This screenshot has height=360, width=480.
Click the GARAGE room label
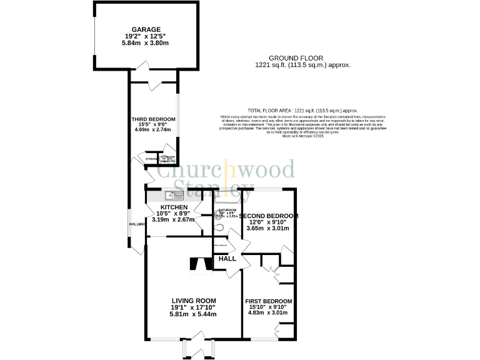pos(146,29)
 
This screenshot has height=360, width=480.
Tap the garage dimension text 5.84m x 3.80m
pos(146,44)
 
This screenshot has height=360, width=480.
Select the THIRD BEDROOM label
pos(152,119)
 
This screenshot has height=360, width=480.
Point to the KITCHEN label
pos(174,207)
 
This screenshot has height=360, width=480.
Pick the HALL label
pos(227,258)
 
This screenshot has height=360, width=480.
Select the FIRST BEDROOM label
pos(270,301)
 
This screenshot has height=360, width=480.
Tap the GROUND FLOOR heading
pos(303,57)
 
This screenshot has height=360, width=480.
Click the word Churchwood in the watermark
pos(225,170)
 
